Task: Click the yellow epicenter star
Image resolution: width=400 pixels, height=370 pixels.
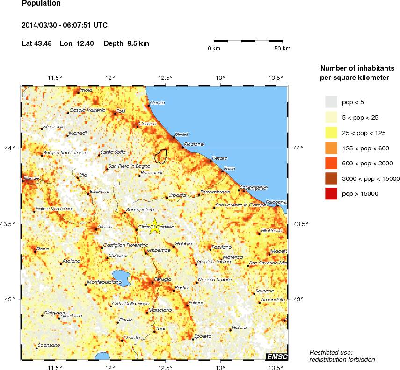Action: (x=154, y=226)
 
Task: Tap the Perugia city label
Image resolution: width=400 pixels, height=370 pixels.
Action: (x=163, y=279)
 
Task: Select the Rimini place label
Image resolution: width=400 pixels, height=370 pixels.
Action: (x=181, y=135)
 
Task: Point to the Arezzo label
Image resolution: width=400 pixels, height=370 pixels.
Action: (x=105, y=227)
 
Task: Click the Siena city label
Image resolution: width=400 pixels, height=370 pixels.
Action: (x=43, y=249)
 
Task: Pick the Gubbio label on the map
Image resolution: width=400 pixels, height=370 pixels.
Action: (x=183, y=244)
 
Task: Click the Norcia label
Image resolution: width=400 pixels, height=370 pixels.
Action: (x=239, y=327)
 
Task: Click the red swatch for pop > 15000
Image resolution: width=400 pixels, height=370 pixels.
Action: (x=331, y=193)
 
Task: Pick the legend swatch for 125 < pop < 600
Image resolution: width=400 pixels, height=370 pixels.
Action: (x=331, y=148)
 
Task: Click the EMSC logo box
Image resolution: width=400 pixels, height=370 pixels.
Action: (x=276, y=357)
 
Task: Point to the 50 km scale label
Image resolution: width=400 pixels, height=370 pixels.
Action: (x=282, y=49)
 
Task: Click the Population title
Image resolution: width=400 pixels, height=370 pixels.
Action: (x=41, y=3)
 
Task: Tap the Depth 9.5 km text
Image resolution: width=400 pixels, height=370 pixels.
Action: (x=126, y=43)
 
